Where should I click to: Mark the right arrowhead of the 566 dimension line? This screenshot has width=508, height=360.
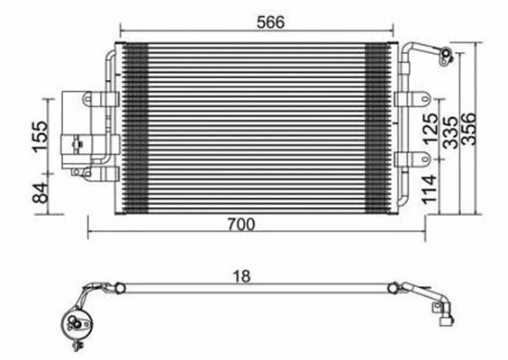[393, 37]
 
